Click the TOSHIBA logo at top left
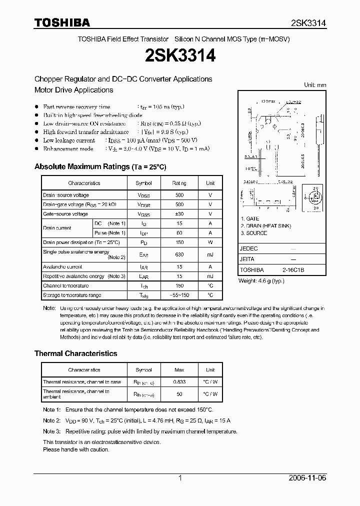pos(61,22)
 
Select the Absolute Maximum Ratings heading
pos(100,166)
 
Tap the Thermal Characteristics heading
pos(75,353)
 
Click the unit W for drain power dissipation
pos(210,242)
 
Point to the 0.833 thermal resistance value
pos(178,382)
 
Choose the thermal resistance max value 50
pos(178,394)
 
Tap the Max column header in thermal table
pos(178,370)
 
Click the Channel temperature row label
pos(65,285)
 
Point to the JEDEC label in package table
pos(249,248)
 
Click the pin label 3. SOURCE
pos(253,233)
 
